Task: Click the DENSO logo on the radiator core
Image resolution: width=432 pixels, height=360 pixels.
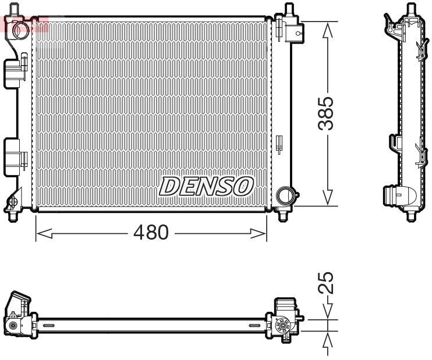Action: pyautogui.click(x=207, y=186)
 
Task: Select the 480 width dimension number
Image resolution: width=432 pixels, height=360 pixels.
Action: pyautogui.click(x=151, y=233)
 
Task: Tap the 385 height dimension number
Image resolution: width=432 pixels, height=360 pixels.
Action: pyautogui.click(x=327, y=113)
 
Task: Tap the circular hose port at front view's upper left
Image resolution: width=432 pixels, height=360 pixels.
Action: pyautogui.click(x=21, y=28)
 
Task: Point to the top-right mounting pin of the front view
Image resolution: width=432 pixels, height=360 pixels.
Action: pyautogui.click(x=288, y=9)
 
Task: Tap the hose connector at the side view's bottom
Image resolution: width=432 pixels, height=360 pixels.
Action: pyautogui.click(x=398, y=197)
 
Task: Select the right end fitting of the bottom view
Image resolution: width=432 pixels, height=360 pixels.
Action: pyautogui.click(x=285, y=320)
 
